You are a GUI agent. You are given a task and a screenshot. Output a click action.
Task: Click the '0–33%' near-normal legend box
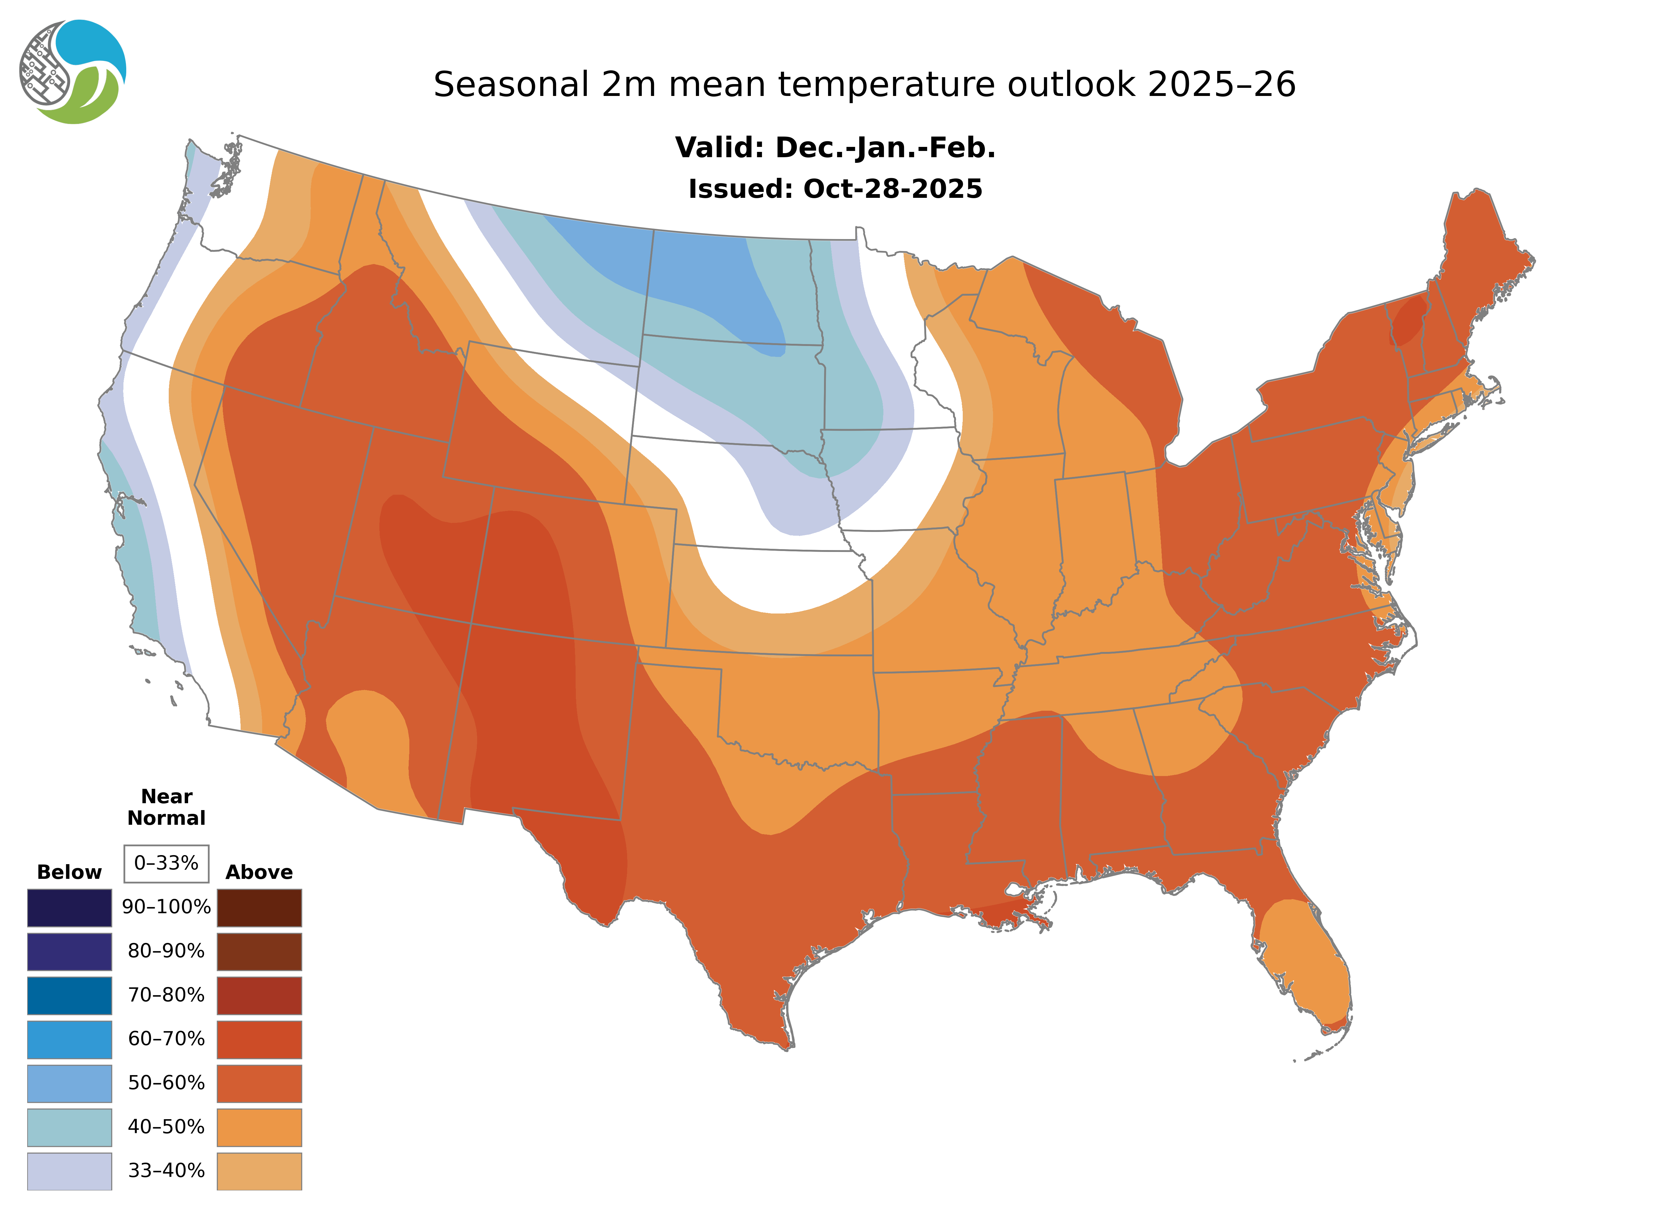coord(166,863)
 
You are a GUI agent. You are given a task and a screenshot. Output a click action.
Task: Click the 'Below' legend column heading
coord(69,872)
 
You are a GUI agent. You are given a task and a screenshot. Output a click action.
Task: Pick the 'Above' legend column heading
coord(259,872)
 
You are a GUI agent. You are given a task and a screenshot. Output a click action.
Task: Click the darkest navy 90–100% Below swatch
coord(69,908)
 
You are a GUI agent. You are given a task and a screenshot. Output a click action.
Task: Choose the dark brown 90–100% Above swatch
coord(259,908)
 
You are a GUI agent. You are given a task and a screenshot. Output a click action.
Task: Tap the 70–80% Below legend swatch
coord(69,995)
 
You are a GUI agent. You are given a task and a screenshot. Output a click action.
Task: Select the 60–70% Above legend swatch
coord(259,1039)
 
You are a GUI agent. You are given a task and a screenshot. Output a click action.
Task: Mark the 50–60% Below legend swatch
coord(69,1083)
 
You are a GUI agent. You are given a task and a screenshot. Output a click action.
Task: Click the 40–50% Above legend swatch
coord(259,1127)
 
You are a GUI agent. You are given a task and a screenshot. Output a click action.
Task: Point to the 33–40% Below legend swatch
coord(69,1170)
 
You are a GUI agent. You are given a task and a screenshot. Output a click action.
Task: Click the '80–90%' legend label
coord(166,951)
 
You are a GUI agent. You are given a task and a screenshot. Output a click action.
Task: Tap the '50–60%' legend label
coord(166,1083)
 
